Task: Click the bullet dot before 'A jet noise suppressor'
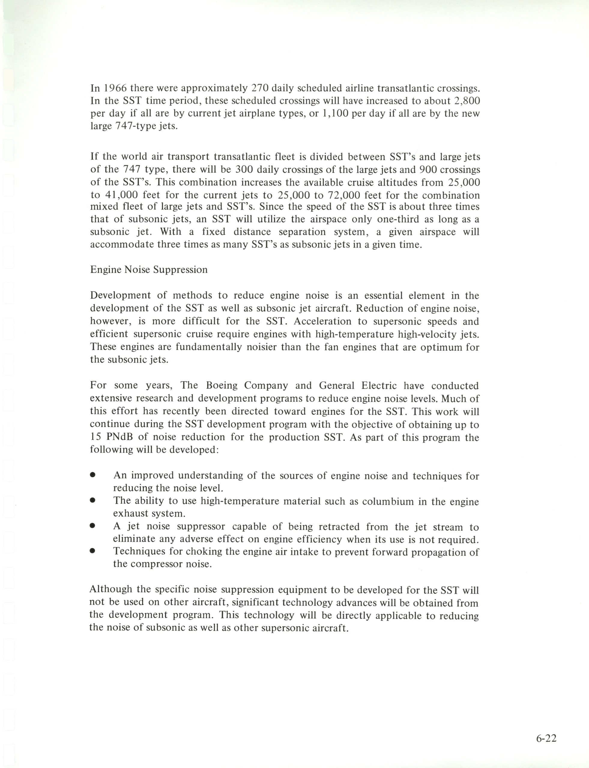point(92,526)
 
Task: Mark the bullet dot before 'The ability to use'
point(92,500)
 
